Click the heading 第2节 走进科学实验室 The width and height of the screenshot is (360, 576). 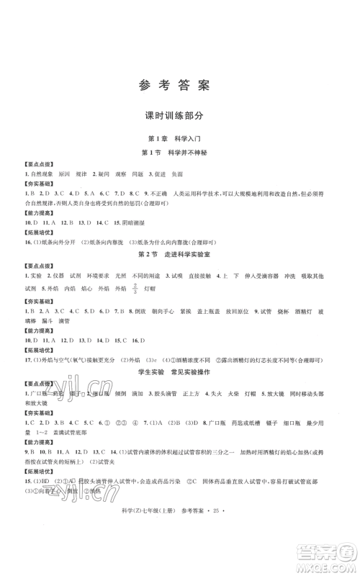(180, 255)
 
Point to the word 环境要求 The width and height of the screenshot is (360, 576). (103, 276)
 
